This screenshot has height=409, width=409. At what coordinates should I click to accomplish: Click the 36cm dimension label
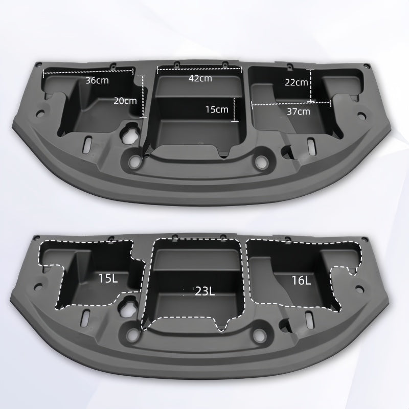(x=97, y=80)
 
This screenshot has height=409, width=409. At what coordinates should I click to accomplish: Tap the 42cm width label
(x=200, y=78)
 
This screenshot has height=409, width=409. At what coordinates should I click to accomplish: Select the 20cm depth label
(x=125, y=101)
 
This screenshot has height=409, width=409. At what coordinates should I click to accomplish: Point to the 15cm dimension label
(x=217, y=109)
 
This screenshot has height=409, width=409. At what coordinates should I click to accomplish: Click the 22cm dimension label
(x=297, y=82)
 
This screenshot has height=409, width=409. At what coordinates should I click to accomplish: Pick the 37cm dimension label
(x=298, y=111)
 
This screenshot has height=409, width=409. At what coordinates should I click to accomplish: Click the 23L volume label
(x=204, y=291)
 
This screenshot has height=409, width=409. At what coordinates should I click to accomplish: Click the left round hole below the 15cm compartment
(x=135, y=161)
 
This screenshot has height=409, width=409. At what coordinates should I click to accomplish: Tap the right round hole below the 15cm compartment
(x=261, y=161)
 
